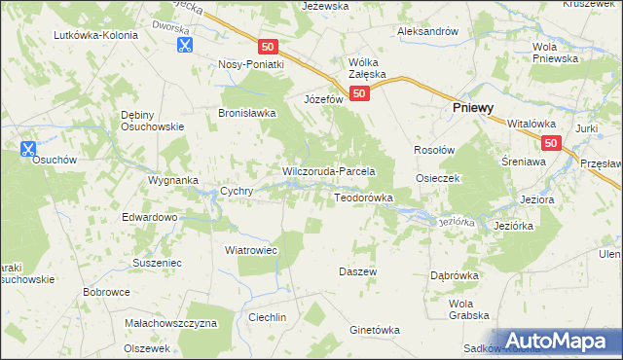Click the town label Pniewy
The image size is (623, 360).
point(475,110)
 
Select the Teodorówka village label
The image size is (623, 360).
point(363,198)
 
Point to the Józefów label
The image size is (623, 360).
point(323,99)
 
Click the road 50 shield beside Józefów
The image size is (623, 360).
point(360,94)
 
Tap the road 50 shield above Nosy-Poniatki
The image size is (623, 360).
point(270,46)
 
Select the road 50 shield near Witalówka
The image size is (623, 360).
point(551,144)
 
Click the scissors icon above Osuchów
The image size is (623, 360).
point(27,149)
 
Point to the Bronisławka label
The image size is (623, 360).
point(246,113)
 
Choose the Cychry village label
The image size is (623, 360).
point(238,192)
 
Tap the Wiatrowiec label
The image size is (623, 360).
point(252,250)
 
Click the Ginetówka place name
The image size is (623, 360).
point(375,330)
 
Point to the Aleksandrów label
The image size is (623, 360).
point(427,31)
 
